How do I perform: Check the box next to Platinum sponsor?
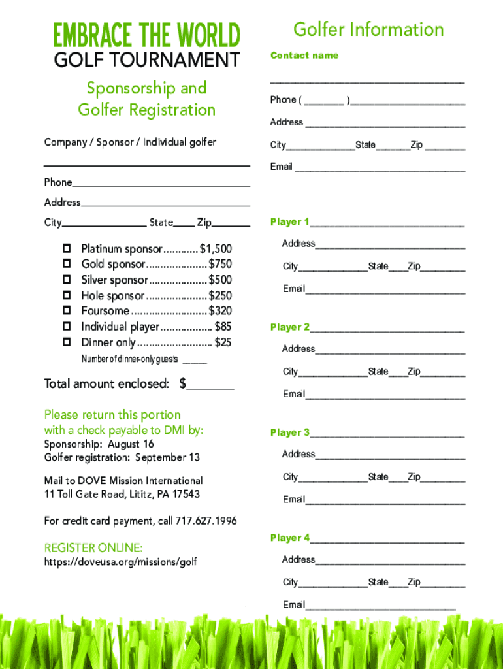tap(66, 249)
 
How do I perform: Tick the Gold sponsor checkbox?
tap(66, 264)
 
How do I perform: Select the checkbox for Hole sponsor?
tap(66, 295)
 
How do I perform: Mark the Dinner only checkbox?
tap(66, 342)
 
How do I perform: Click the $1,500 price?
tap(216, 249)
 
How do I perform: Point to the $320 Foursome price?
tap(220, 311)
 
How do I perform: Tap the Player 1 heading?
tap(290, 222)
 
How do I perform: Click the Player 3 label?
tap(290, 432)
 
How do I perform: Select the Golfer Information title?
tap(368, 29)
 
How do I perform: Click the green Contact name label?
tap(304, 56)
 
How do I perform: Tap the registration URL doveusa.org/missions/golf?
tap(120, 562)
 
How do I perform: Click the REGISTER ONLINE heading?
tap(93, 547)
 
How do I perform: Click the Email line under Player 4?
tap(380, 606)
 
